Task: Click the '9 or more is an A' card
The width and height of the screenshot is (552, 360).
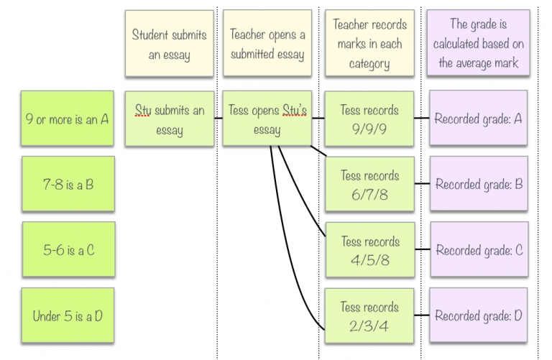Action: point(67,119)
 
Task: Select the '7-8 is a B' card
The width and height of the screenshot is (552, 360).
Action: point(67,185)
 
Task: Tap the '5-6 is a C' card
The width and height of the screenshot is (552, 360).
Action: point(67,251)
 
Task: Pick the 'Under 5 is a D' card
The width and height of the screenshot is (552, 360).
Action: point(67,316)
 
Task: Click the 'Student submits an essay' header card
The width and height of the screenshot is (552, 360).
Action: point(169,44)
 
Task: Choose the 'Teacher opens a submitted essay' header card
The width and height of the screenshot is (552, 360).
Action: point(267,44)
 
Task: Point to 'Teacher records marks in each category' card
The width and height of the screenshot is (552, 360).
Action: point(369,44)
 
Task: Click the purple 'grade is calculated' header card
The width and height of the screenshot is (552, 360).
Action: point(478,44)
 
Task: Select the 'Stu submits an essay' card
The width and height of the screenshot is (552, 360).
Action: point(169,119)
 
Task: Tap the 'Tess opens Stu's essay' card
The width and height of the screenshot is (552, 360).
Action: point(267,119)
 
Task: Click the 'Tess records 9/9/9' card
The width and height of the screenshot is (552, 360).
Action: point(369,119)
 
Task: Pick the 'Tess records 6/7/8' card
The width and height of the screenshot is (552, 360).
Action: point(369,185)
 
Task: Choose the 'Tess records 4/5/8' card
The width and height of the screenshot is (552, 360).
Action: point(369,251)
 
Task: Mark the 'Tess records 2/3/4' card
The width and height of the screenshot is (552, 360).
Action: point(369,316)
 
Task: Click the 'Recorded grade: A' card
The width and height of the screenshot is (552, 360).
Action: point(478,119)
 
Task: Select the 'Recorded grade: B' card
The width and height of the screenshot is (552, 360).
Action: point(478,185)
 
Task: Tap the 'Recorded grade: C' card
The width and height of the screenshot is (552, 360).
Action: point(478,251)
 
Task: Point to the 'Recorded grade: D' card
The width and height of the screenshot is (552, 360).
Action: point(478,316)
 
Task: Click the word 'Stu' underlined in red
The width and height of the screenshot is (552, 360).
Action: point(144,111)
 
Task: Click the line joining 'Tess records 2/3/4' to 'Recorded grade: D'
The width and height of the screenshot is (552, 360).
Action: point(423,316)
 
